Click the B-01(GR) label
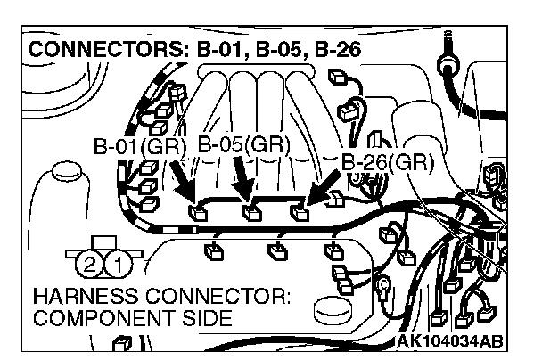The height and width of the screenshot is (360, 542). tap(138, 147)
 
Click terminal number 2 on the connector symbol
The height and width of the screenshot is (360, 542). tap(90, 263)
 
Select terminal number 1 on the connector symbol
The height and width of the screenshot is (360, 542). tap(117, 263)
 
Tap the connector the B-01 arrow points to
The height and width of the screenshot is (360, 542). tap(200, 213)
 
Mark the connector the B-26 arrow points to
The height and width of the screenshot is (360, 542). tap(302, 213)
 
